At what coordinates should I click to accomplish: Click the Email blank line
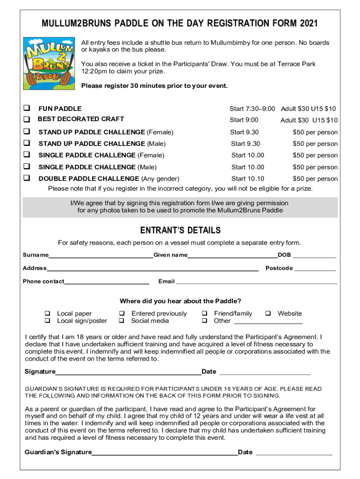coord(256,283)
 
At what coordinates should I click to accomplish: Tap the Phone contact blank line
coord(107,283)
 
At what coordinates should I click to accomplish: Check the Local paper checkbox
coord(47,313)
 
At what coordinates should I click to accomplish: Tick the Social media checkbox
coord(122,321)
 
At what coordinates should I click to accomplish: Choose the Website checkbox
coord(268,313)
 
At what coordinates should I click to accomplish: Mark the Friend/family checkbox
coord(204,313)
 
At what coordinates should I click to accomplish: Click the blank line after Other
coord(268,322)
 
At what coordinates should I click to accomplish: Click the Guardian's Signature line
coord(165,453)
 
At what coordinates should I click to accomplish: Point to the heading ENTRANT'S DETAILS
coord(180,231)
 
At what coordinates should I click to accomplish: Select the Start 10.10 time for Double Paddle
coord(248,178)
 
